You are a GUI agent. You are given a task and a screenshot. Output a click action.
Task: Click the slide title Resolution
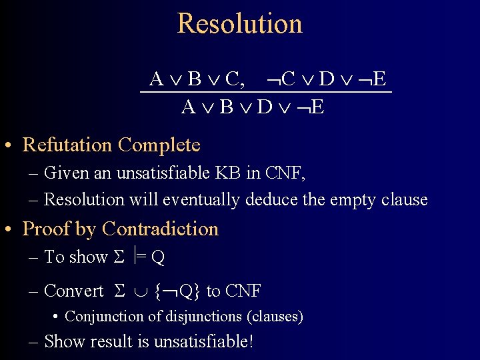tap(240, 23)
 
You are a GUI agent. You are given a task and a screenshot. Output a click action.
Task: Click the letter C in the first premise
tap(233, 79)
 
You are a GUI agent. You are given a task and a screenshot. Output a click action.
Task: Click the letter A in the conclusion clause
tap(189, 107)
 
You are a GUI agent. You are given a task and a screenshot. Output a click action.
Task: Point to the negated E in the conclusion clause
tap(313, 107)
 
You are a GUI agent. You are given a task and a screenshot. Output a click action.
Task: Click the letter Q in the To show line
tap(158, 257)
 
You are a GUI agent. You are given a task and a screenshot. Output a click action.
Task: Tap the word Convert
tap(73, 291)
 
